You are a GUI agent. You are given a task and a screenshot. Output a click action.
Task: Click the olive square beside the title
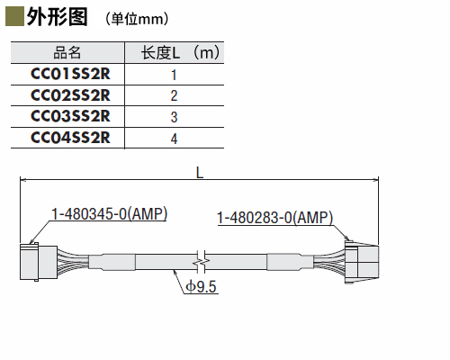coord(14,17)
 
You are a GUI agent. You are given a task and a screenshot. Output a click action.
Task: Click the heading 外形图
coord(58,17)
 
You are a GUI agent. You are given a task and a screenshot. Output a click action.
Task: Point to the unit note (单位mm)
coord(137,19)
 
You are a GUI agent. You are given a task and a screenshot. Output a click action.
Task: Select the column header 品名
coord(67,52)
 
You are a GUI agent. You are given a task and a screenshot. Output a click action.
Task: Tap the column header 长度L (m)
coord(180,52)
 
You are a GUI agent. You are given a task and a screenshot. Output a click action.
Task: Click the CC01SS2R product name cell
coord(70,74)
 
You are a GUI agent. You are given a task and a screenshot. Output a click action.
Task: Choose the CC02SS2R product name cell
coord(70,95)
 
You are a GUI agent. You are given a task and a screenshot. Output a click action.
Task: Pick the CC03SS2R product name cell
coord(70,116)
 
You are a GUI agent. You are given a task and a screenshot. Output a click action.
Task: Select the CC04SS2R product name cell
coord(70,138)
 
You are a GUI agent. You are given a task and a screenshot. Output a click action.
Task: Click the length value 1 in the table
coord(174,75)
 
